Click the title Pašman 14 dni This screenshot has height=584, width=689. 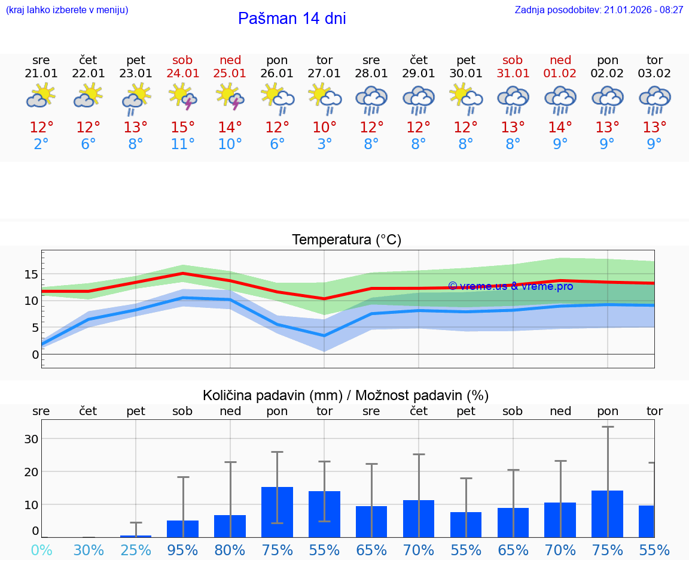[x=292, y=19]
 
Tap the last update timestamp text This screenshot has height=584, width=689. [x=599, y=10]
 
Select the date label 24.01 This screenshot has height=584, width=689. [x=182, y=73]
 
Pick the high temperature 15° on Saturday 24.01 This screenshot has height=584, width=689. [x=182, y=127]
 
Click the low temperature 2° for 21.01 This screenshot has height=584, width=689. [x=41, y=144]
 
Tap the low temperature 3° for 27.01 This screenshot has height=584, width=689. [x=324, y=144]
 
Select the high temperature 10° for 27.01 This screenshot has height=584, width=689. [x=324, y=127]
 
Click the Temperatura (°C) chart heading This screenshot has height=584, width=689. [x=347, y=240]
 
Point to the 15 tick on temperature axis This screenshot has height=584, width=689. [x=31, y=274]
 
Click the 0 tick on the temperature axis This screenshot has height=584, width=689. [x=35, y=354]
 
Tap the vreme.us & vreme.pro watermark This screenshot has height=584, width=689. [x=510, y=286]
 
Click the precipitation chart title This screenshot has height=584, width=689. [x=346, y=395]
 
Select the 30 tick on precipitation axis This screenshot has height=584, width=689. [x=31, y=438]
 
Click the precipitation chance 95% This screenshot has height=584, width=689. [x=182, y=550]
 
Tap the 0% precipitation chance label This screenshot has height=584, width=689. [x=41, y=550]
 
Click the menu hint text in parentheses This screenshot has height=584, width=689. [x=67, y=10]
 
